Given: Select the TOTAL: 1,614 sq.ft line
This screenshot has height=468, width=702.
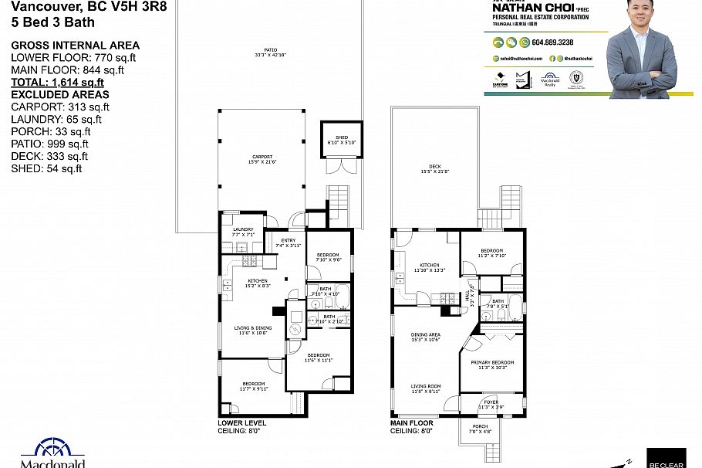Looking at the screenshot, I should coord(57,82).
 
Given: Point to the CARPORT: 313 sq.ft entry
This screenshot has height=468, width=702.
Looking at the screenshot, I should coord(59,107).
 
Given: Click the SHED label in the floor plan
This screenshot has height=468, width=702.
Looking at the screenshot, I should coord(340,139).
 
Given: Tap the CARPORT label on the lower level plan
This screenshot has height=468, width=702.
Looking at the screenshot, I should coord(262,157).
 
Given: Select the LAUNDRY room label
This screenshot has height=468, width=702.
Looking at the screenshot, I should coord(243,229).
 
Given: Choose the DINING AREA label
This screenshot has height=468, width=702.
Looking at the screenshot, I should coord(424,334).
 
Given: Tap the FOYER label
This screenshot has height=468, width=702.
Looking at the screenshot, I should coord(491,402).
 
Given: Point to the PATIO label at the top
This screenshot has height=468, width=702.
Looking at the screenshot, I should coord(269,51).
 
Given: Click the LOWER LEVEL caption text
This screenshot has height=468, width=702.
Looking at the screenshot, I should coord(242,423).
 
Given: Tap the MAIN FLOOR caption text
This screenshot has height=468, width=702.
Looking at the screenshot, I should coord(412,423).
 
